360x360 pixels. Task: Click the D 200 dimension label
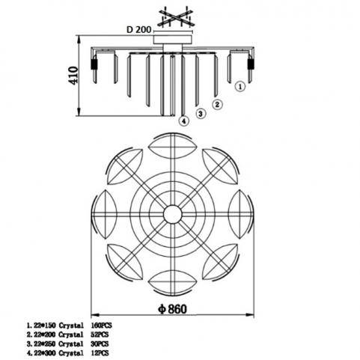tap(138, 30)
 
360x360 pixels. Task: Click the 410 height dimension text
tap(73, 76)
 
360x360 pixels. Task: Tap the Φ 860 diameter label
tap(172, 309)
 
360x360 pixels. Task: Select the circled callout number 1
tap(240, 87)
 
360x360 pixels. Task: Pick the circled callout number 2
tap(217, 104)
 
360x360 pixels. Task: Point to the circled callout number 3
tap(201, 114)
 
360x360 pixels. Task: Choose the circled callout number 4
tap(184, 121)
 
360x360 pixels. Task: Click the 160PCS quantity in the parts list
tap(101, 326)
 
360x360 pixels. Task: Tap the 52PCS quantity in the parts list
tap(100, 335)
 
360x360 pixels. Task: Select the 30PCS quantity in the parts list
tap(100, 344)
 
